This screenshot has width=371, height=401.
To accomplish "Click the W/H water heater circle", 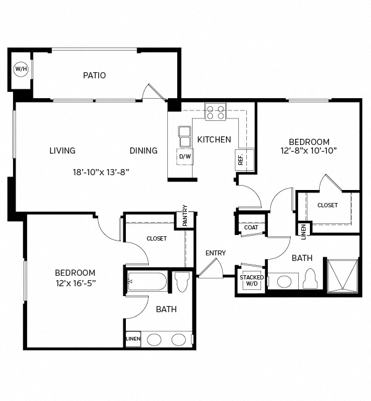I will point(21,68).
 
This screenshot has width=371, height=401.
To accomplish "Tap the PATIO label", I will point(94,75).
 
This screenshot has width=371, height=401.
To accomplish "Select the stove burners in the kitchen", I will point(216,112).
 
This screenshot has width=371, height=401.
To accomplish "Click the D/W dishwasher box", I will point(185,157).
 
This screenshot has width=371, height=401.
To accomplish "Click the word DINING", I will point(143,151).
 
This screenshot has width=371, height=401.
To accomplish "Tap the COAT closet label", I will point(251,227).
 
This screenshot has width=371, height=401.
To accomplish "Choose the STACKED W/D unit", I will point(252,281).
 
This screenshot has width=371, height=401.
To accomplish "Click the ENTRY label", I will point(215,253).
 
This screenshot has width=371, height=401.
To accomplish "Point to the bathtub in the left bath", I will point(147,282).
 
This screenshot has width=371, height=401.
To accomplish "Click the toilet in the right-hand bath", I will point(311,280).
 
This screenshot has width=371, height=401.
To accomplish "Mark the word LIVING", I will point(62,151).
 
